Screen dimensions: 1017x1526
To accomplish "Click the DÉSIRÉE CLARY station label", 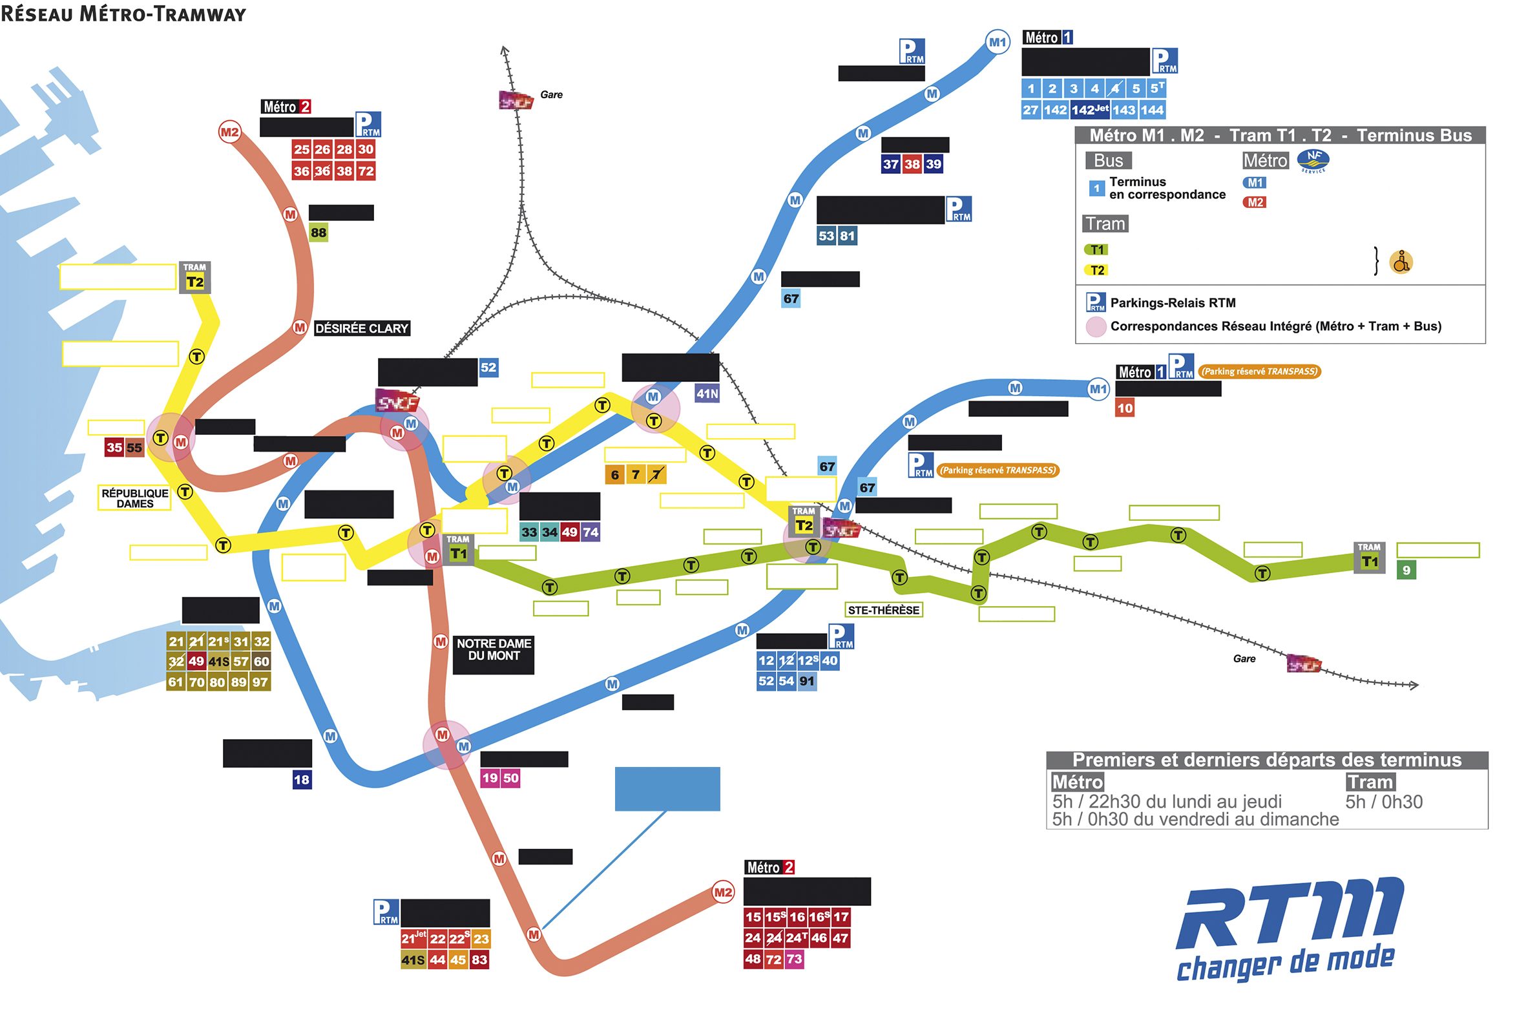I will click(x=361, y=328).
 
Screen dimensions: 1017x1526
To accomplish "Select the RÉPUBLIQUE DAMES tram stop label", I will click(x=134, y=498).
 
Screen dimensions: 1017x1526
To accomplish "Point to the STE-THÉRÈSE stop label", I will click(x=883, y=610).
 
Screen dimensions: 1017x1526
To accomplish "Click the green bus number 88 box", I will click(x=318, y=232).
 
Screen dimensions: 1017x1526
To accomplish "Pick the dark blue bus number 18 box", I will click(x=302, y=779).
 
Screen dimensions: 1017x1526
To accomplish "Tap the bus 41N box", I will click(x=706, y=393).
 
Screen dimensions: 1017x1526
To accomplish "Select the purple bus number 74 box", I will click(x=590, y=532).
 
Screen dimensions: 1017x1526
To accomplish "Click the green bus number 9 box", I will click(x=1405, y=570).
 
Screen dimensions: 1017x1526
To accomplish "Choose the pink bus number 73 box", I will click(x=794, y=959).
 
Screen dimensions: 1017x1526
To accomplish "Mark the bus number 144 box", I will click(x=1151, y=110).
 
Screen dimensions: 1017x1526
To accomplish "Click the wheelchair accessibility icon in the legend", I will click(x=1400, y=262).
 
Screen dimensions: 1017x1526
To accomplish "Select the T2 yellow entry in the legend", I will click(x=1096, y=270).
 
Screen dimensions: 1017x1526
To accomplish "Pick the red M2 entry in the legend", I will click(x=1254, y=202).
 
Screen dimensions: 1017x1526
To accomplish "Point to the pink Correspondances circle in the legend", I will click(x=1095, y=326).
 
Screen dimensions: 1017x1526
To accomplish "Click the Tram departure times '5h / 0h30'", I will click(x=1383, y=802).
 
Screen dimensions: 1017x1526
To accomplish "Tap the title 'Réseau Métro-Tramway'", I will click(x=123, y=14).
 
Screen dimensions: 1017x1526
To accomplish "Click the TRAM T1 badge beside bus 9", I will click(x=1368, y=557).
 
